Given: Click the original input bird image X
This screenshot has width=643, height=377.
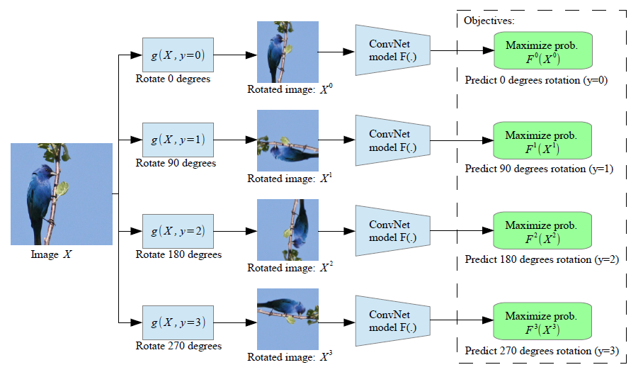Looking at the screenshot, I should click(62, 193).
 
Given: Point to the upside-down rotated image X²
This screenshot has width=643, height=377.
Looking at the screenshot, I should click(288, 230).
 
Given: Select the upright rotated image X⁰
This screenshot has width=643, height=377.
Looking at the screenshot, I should click(288, 52).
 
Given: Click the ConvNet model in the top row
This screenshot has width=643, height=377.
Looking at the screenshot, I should click(392, 50).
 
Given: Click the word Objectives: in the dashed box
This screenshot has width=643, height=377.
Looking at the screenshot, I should click(489, 21).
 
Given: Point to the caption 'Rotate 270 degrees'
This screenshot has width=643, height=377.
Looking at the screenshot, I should click(178, 346).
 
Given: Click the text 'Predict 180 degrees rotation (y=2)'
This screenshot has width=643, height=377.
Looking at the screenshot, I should click(542, 259).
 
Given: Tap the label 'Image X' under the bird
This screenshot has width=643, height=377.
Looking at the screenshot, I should click(52, 254).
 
